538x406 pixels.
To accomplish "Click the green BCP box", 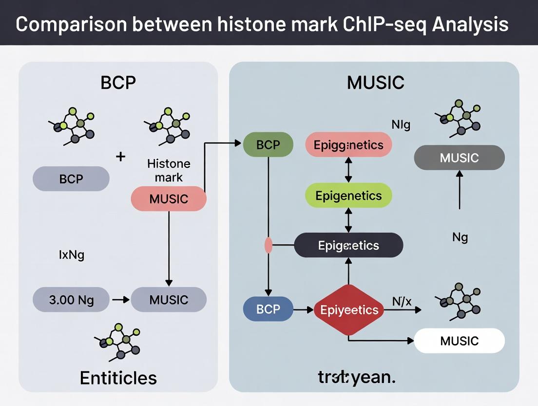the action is point(268,144).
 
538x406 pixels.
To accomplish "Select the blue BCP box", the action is point(268,309).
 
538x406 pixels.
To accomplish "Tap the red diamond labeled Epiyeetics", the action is point(349,310).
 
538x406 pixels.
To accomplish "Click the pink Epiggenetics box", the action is point(348,145).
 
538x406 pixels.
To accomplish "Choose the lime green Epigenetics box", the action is point(348,196).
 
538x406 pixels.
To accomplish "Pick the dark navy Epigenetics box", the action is point(348,245).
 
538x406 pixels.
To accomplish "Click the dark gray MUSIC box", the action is point(459,158).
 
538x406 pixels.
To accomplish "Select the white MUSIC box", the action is point(459,341).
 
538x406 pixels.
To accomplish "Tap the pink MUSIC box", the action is point(169,199).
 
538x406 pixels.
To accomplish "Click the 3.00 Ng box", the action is point(71,300).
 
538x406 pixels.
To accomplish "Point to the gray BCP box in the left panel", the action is point(71,179).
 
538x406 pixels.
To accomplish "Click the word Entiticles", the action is point(118,377).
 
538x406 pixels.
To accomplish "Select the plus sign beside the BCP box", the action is point(121,157).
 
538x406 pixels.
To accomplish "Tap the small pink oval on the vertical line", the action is point(268,245).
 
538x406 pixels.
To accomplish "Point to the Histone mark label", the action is point(169,170).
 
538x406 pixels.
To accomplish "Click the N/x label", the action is point(402,301).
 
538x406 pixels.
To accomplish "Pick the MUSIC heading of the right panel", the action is point(375,82).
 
